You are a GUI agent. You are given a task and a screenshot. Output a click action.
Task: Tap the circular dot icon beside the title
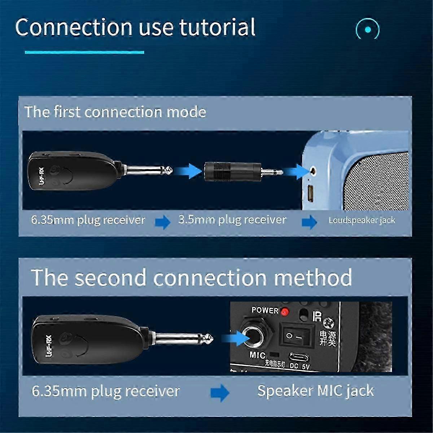367,29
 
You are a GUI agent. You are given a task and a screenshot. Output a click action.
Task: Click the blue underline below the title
84,52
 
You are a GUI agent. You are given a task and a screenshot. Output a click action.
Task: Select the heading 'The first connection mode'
115,112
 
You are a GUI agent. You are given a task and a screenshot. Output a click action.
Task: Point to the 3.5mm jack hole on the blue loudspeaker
312,170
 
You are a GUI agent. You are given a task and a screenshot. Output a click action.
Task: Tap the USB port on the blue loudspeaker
310,193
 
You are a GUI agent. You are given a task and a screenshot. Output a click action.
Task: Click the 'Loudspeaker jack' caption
362,220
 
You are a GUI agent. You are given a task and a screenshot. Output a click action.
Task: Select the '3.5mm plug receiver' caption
232,220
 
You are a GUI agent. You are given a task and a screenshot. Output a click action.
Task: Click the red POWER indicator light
285,311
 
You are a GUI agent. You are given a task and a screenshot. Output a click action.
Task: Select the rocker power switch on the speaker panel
297,336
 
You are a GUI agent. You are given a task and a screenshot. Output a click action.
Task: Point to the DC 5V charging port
299,358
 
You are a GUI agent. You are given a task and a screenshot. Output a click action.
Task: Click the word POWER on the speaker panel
265,310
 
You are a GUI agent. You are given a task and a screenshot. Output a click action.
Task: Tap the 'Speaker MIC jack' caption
315,391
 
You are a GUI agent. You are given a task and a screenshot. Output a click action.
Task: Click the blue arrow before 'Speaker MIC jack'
220,392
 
